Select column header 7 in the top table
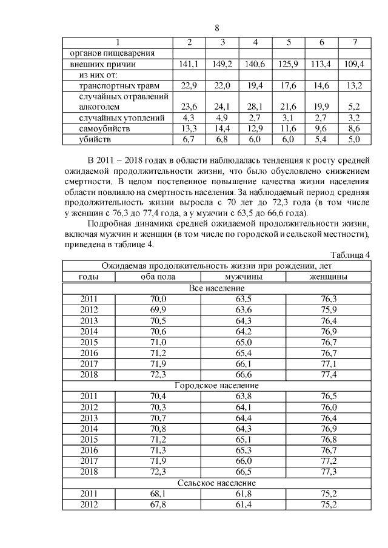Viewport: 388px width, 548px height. pos(354,42)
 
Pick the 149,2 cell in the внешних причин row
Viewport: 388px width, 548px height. pos(222,64)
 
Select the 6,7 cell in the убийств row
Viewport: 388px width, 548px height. pos(189,139)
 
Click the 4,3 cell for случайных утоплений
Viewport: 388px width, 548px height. pos(189,117)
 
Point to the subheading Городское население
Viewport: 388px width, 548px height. pos(216,385)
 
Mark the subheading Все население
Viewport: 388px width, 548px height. pos(216,287)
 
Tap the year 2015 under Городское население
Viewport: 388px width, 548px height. pos(89,440)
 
